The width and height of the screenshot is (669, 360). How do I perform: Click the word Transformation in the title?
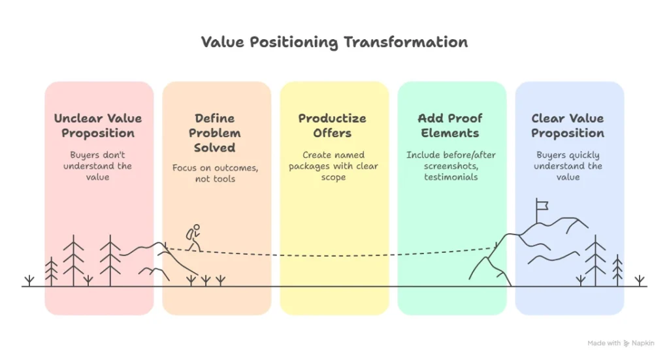click(x=406, y=42)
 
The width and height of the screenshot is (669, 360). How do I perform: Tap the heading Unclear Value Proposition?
click(x=98, y=126)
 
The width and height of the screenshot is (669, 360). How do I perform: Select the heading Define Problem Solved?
click(x=214, y=133)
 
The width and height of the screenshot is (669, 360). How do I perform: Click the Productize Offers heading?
click(x=333, y=126)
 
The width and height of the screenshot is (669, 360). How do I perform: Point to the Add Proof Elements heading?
click(x=450, y=126)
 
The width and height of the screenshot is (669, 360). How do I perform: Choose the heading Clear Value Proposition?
click(x=568, y=126)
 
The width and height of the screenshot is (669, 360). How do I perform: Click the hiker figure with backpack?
click(x=193, y=238)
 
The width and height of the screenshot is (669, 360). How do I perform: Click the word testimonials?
click(x=451, y=177)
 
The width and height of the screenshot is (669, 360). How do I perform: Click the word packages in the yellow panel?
click(x=309, y=167)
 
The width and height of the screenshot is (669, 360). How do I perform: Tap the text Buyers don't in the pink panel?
click(x=98, y=155)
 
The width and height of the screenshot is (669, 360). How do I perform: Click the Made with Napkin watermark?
click(x=621, y=343)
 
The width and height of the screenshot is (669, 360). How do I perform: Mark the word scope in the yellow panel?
click(x=333, y=178)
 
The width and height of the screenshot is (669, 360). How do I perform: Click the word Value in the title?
click(x=222, y=42)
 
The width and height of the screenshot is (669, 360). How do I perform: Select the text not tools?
click(x=215, y=179)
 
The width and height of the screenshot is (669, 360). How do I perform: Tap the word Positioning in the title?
click(x=293, y=42)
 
